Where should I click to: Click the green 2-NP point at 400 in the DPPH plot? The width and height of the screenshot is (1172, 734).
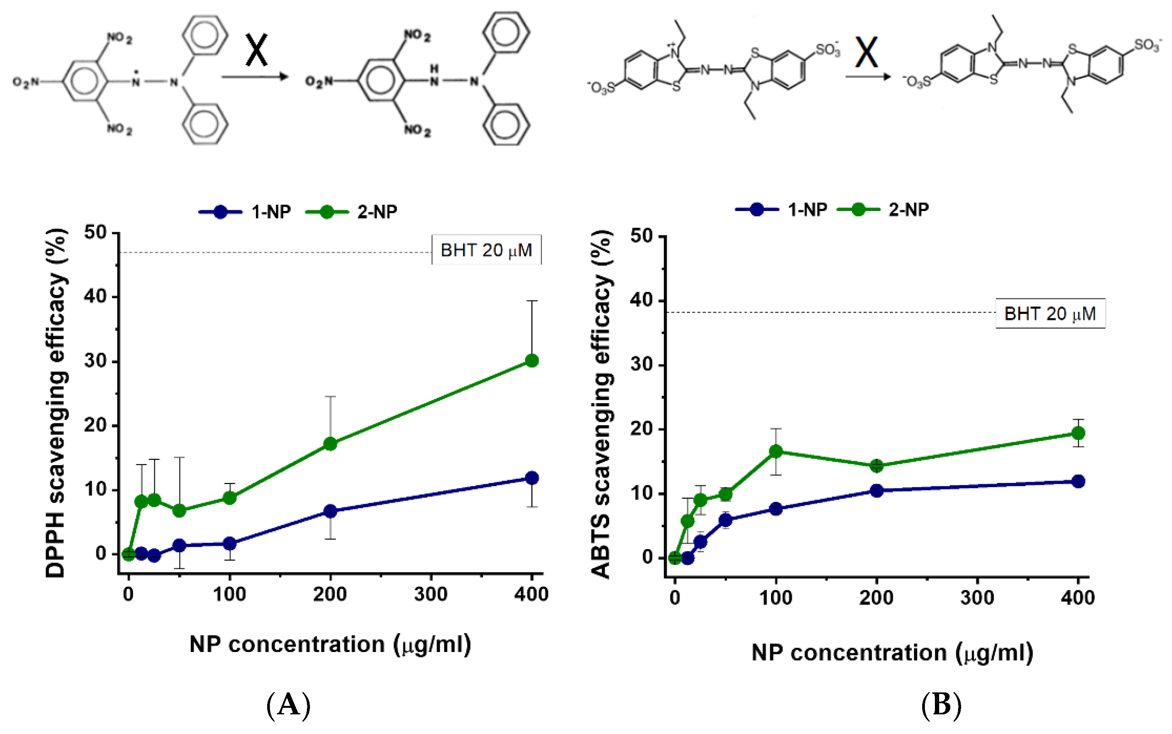pyautogui.click(x=532, y=361)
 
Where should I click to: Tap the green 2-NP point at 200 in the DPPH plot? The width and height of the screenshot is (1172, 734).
pyautogui.click(x=330, y=444)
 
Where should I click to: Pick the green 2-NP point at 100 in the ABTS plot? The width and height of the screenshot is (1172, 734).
pyautogui.click(x=776, y=451)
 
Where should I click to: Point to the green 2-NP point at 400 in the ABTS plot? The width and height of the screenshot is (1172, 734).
pyautogui.click(x=1078, y=432)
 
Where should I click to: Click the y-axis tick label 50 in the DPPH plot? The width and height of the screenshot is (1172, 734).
pyautogui.click(x=95, y=232)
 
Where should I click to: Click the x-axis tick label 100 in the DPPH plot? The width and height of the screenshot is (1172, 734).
pyautogui.click(x=229, y=594)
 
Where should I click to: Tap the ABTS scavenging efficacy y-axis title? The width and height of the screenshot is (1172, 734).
pyautogui.click(x=601, y=404)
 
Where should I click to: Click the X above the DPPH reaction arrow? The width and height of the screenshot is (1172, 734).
pyautogui.click(x=256, y=50)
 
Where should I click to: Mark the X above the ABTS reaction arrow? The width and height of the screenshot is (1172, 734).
pyautogui.click(x=866, y=52)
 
